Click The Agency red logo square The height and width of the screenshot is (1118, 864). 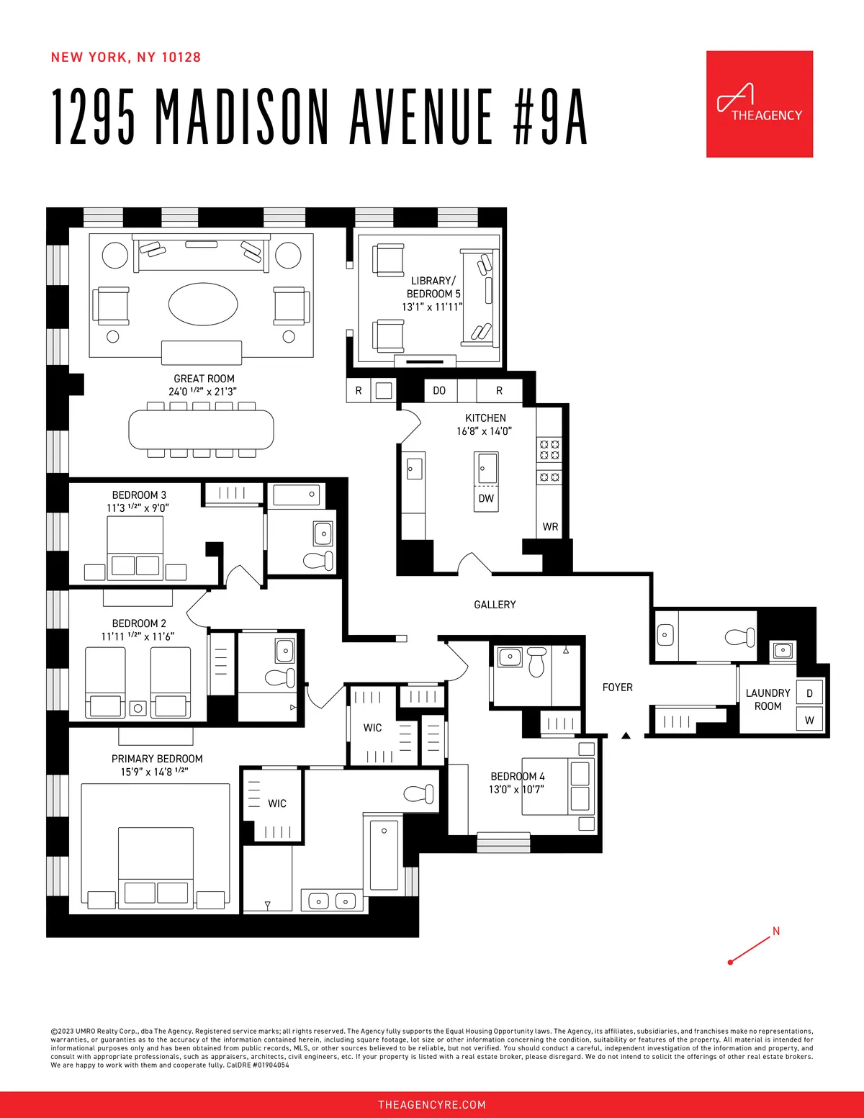coord(759,104)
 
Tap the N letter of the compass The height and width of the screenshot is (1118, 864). coord(776,931)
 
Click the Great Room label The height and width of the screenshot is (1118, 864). coord(204,379)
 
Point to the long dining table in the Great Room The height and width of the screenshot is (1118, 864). coord(202,430)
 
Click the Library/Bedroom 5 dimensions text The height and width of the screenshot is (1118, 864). coord(432,307)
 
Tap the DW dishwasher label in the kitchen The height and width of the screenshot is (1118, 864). coord(486,498)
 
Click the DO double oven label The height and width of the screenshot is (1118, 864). coord(439,390)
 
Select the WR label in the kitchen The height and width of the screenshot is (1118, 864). coord(550,526)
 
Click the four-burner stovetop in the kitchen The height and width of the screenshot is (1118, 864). coord(550,450)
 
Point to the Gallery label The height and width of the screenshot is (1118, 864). coord(495,605)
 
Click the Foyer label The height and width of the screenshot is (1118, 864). coord(617,688)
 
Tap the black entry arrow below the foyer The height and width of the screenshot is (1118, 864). coord(626,735)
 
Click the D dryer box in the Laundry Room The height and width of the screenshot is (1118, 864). coord(809,693)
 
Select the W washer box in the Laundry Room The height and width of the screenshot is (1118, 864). coord(809,720)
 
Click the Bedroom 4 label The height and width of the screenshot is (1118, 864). coord(517,776)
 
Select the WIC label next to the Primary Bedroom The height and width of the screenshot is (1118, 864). coord(277,803)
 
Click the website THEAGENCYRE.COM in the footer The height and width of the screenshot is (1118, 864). coord(432,1104)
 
